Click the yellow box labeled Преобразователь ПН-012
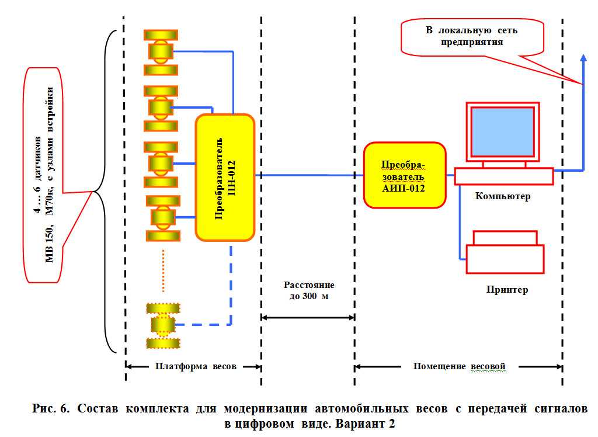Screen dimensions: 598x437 point(225,178)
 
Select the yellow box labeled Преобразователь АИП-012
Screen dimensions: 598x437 point(405,175)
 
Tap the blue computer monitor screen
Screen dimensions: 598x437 point(503,131)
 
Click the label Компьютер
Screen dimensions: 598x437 point(503,196)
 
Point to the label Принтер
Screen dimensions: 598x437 point(507,289)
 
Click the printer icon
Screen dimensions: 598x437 point(505,252)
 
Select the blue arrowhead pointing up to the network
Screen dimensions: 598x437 point(583,58)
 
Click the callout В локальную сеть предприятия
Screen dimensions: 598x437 point(472,37)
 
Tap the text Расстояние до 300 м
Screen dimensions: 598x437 point(309,290)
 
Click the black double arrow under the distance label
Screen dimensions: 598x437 point(308,317)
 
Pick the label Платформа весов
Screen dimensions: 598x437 point(196,366)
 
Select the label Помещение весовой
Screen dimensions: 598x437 point(459,366)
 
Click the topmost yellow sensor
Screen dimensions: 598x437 point(161,52)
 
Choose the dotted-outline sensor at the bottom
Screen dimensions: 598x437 point(163,325)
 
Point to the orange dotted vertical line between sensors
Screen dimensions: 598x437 point(164,271)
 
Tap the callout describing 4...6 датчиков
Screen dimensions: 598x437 point(43,175)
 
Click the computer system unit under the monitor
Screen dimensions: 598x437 point(504,176)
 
